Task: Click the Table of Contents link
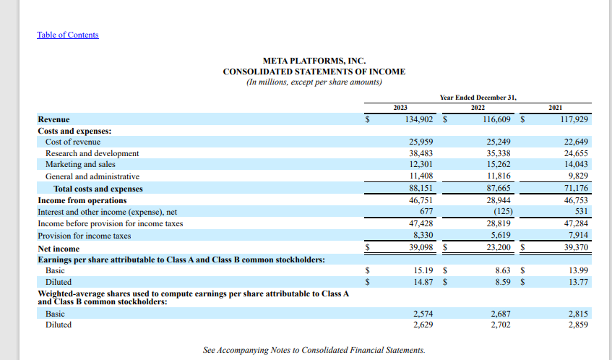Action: [x=68, y=35]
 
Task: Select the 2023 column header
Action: [x=400, y=108]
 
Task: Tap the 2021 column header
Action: [x=556, y=108]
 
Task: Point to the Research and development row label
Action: [x=92, y=153]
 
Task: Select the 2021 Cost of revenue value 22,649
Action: [x=577, y=142]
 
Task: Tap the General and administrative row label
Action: [x=92, y=176]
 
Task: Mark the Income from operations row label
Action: [x=82, y=200]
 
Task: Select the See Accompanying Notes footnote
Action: [x=314, y=351]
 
